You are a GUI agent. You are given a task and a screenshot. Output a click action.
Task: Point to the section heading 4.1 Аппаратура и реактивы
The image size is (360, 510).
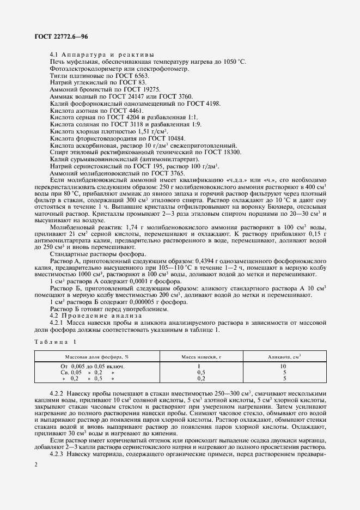[101, 54]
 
